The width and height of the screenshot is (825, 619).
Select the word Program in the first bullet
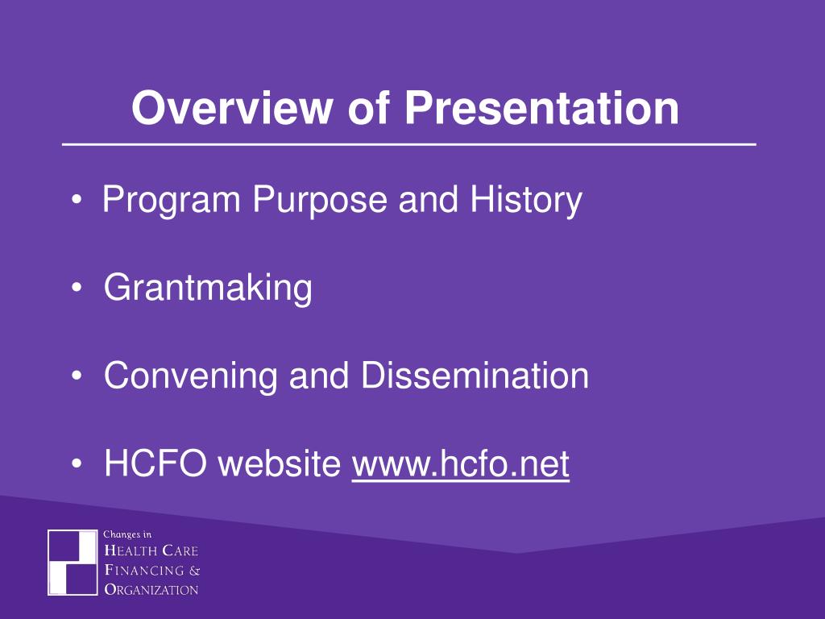click(x=172, y=201)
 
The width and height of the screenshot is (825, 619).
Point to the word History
click(x=526, y=201)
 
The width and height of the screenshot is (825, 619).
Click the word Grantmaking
click(x=209, y=289)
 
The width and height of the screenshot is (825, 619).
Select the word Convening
click(x=190, y=376)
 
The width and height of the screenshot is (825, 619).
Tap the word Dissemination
click(x=475, y=376)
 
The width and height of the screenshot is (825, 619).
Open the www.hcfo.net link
click(x=460, y=464)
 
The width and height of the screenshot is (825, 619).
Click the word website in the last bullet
click(x=280, y=464)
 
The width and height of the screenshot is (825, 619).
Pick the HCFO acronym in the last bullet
click(x=155, y=463)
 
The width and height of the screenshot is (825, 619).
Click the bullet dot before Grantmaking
click(x=77, y=289)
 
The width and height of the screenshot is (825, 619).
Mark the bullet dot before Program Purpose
click(x=77, y=201)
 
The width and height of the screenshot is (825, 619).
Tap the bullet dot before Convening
click(x=77, y=376)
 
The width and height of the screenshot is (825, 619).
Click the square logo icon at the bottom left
click(x=73, y=562)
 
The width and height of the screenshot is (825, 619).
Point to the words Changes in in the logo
click(x=127, y=535)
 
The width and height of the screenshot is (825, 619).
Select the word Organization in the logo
click(x=151, y=589)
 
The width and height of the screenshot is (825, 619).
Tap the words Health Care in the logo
click(x=151, y=550)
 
